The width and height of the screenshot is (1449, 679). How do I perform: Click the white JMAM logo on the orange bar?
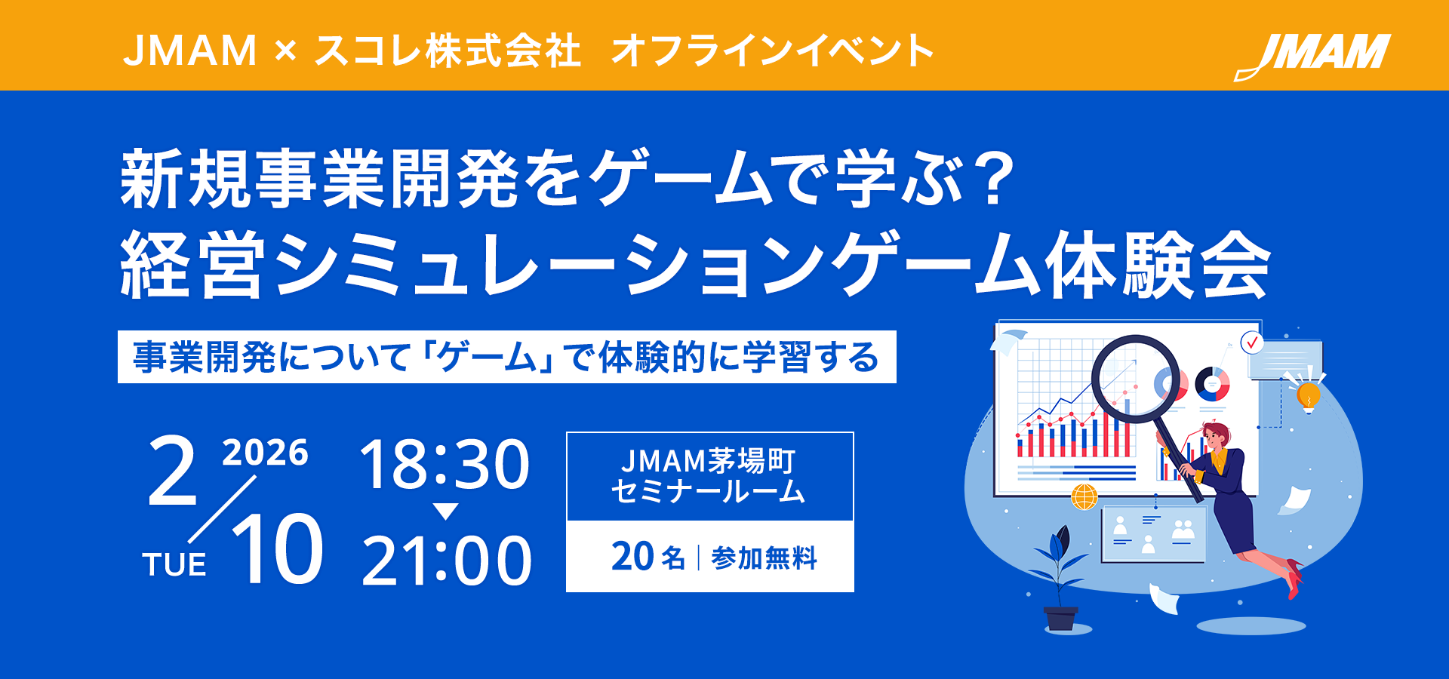coord(1313,55)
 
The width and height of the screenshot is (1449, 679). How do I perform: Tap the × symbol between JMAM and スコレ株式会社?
coord(285,51)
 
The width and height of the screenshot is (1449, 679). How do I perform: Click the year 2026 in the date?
coord(265,453)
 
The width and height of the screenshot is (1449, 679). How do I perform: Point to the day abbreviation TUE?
coord(174,564)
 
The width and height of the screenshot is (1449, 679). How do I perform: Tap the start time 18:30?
coord(445,465)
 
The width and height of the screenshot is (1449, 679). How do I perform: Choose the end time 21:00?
coord(447,561)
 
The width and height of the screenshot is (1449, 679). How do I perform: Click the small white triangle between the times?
coord(446,512)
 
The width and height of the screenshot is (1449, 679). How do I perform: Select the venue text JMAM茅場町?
coord(709,460)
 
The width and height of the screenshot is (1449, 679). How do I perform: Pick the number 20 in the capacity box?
coord(632,557)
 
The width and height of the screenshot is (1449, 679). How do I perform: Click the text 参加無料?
coord(764,558)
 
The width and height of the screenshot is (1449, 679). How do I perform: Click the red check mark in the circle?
coord(1253,343)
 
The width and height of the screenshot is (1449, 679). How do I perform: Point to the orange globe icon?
coord(1084,496)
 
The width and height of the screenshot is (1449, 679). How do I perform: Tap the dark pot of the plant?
coord(1060,618)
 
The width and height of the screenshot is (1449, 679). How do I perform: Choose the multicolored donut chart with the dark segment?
coord(1212,384)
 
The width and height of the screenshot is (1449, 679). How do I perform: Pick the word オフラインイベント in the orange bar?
coord(772,51)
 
